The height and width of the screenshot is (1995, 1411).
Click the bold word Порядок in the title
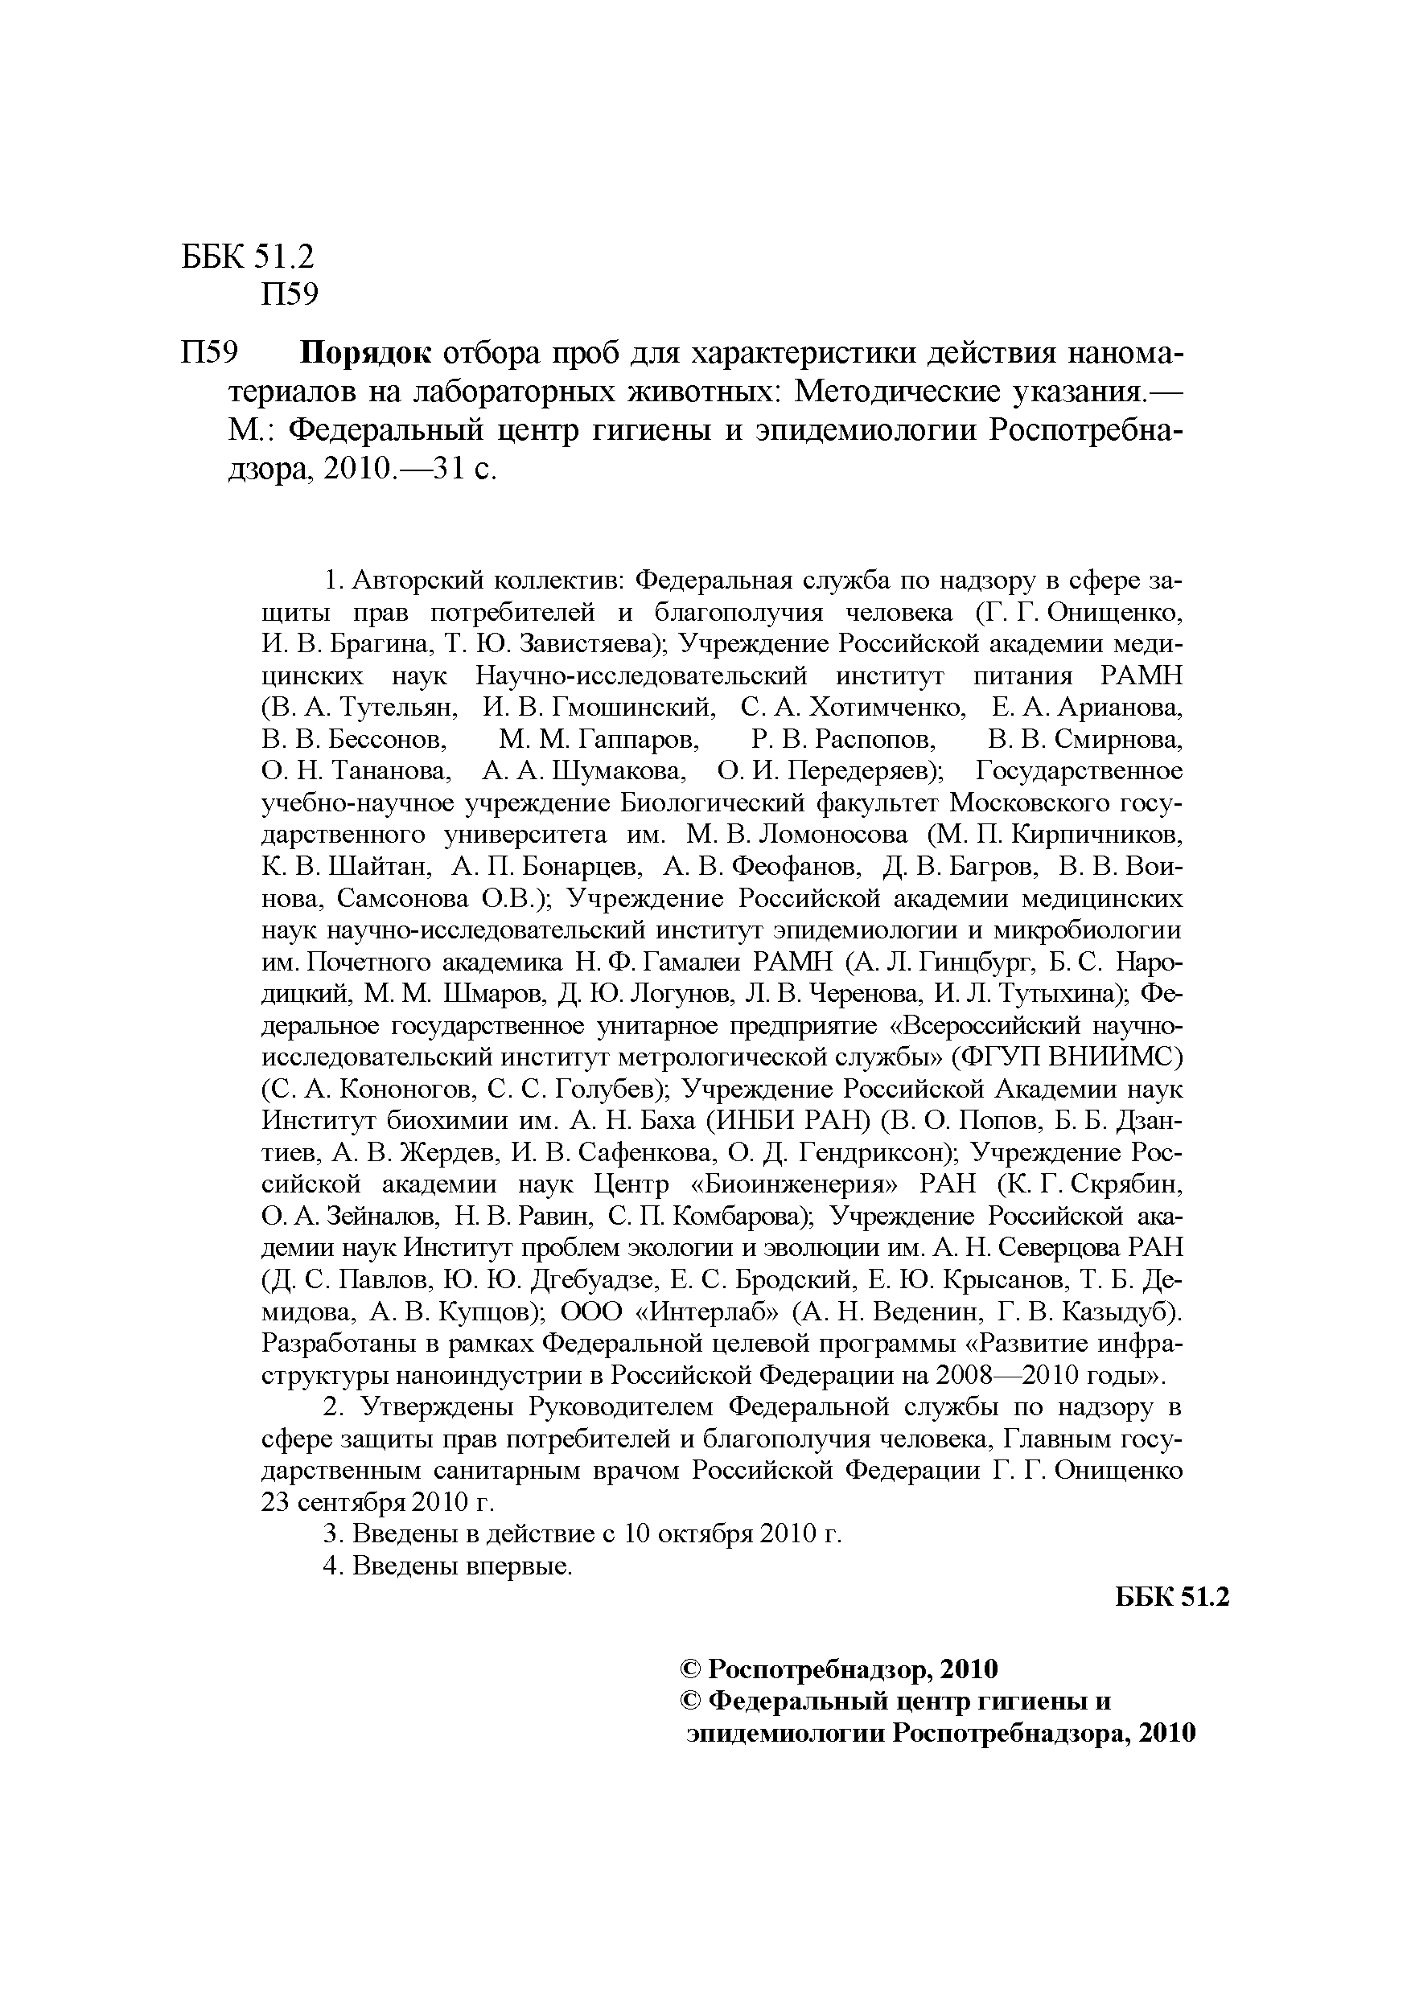pyautogui.click(x=365, y=354)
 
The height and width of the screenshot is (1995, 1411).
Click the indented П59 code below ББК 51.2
pyautogui.click(x=290, y=295)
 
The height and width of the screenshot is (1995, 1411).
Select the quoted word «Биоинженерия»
pyautogui.click(x=793, y=1184)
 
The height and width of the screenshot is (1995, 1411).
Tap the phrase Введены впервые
pyautogui.click(x=463, y=1566)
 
